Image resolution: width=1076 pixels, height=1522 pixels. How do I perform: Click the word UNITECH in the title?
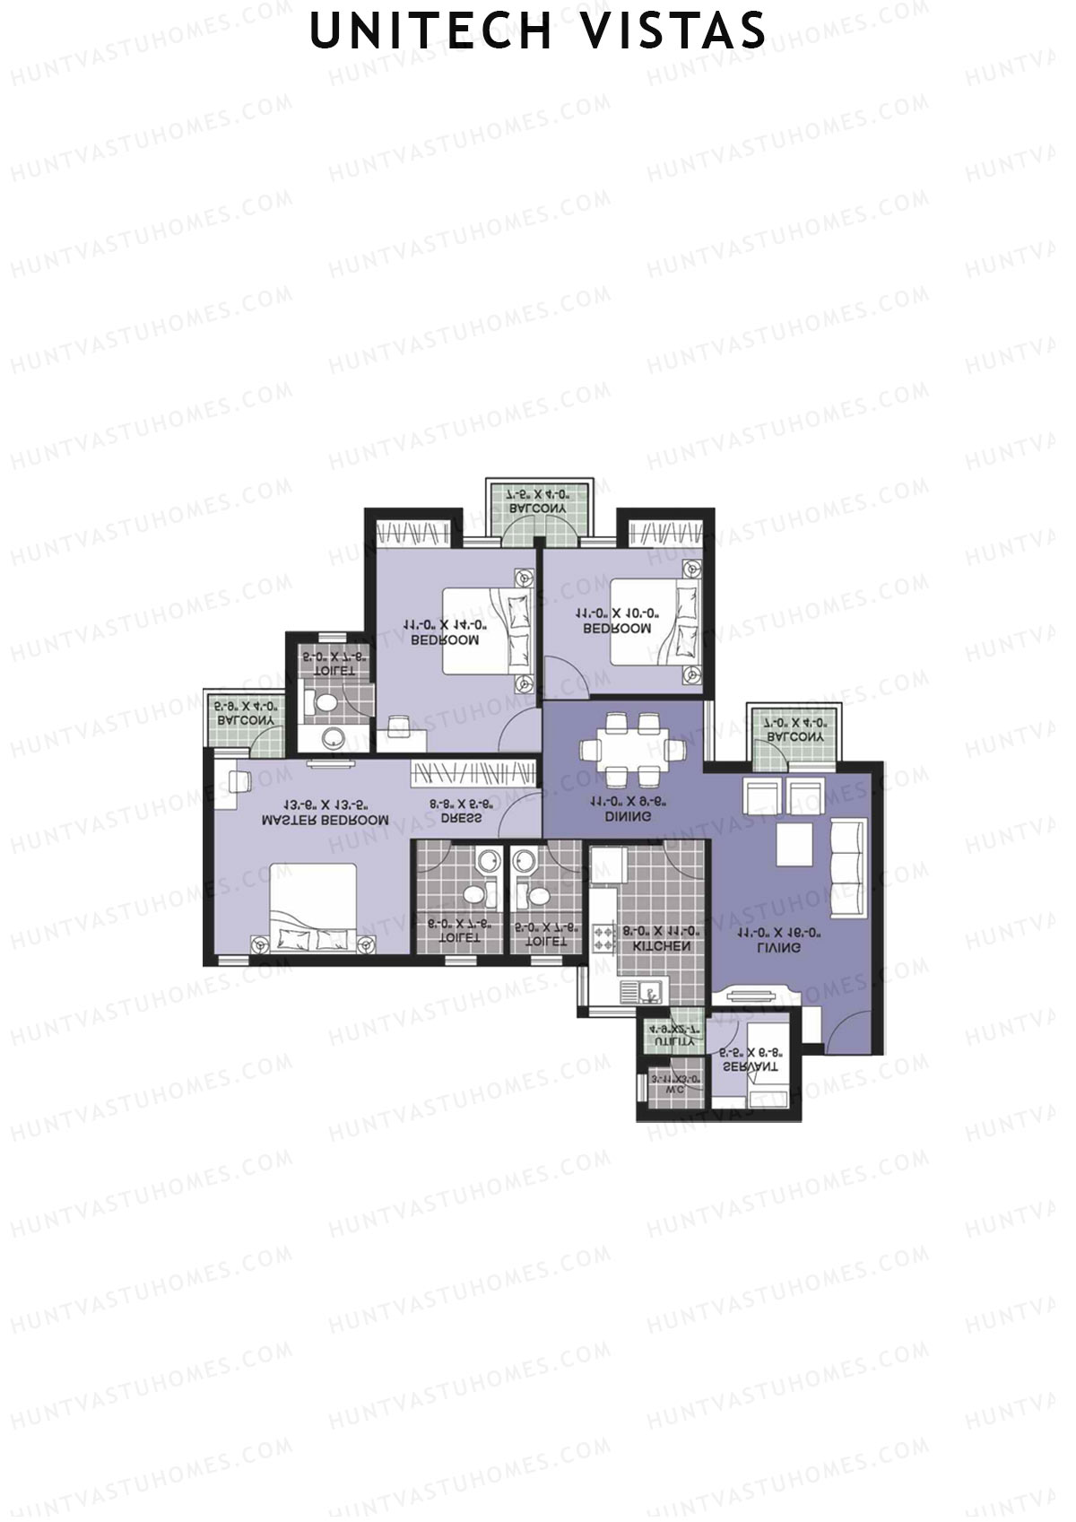pyautogui.click(x=430, y=30)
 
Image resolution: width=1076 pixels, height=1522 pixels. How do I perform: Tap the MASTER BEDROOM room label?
pyautogui.click(x=325, y=819)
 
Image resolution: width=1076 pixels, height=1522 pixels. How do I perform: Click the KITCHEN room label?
pyautogui.click(x=662, y=946)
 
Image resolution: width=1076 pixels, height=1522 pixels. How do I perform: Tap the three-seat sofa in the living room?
pyautogui.click(x=846, y=866)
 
